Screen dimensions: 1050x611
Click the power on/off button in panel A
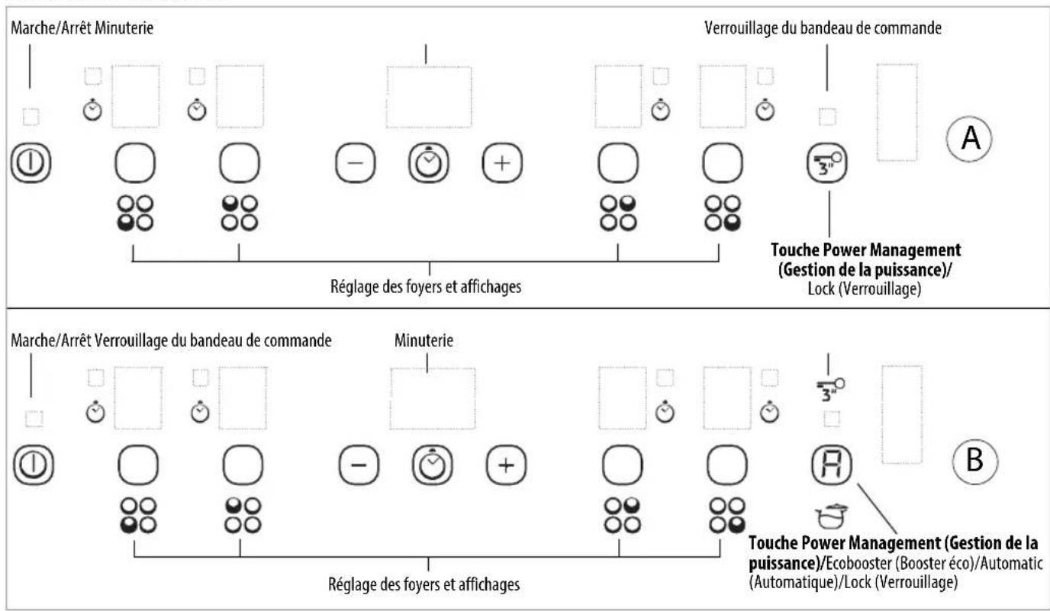[31, 162]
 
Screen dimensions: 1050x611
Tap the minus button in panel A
[356, 163]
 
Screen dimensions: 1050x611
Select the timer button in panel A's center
[428, 162]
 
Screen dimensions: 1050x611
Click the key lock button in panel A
[827, 163]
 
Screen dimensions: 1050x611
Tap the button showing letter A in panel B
[832, 465]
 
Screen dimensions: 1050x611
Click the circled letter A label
[969, 139]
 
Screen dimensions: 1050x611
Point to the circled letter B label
[975, 461]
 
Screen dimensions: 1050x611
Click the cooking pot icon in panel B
[832, 516]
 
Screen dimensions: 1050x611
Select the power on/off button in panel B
[34, 465]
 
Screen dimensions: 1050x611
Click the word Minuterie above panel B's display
[424, 341]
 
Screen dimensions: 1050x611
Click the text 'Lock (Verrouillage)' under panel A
[865, 288]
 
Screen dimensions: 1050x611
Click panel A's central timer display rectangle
[429, 97]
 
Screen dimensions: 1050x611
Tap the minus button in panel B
[359, 465]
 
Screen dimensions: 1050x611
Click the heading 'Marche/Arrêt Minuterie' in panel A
[82, 28]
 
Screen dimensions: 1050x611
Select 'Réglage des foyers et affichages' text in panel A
[426, 286]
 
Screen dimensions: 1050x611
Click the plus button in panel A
[502, 163]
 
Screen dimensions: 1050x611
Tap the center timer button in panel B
[432, 465]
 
